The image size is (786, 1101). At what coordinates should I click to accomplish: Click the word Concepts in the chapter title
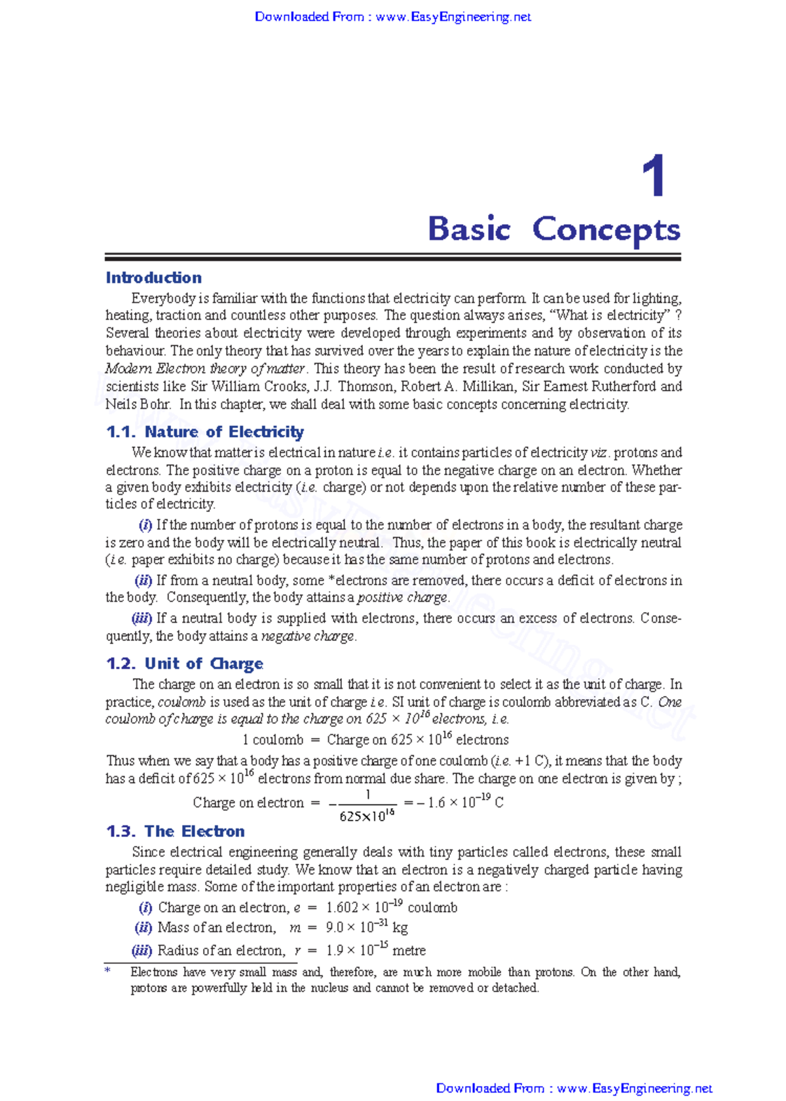(606, 230)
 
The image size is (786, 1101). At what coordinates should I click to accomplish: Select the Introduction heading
(153, 278)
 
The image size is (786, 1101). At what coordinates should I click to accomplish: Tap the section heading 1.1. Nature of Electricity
(204, 432)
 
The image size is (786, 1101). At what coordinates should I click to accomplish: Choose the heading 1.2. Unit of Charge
(184, 664)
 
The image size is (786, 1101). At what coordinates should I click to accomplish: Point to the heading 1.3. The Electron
(175, 831)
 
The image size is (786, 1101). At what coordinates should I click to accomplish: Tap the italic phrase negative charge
(308, 636)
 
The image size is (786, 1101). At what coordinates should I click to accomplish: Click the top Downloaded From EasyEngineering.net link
(392, 17)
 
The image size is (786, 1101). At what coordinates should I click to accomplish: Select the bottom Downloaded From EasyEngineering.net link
(574, 1089)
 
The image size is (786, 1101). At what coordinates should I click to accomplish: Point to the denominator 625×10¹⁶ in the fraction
(367, 817)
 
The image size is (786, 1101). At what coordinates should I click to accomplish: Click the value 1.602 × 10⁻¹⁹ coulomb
(391, 908)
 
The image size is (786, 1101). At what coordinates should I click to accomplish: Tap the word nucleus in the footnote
(329, 988)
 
